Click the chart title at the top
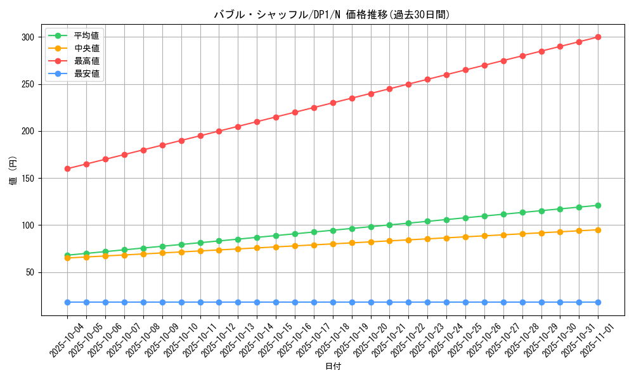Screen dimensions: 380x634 (x=332, y=15)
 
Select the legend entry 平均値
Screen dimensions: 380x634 (x=86, y=35)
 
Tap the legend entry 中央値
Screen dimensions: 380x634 (x=86, y=48)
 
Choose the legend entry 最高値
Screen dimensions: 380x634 (x=86, y=61)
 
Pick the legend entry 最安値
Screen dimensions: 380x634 (x=86, y=73)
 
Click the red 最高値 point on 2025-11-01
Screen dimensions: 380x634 (x=598, y=37)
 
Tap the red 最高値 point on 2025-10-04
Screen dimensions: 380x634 (x=67, y=168)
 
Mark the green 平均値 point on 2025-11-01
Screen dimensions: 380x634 (x=598, y=205)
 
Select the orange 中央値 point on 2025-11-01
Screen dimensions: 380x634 (x=598, y=230)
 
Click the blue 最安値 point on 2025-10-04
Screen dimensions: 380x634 (x=67, y=302)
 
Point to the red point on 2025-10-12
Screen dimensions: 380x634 (x=219, y=131)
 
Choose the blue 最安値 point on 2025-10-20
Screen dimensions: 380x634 (x=371, y=302)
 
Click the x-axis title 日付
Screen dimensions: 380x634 (x=333, y=367)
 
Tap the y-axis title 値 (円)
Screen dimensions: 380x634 (x=13, y=171)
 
